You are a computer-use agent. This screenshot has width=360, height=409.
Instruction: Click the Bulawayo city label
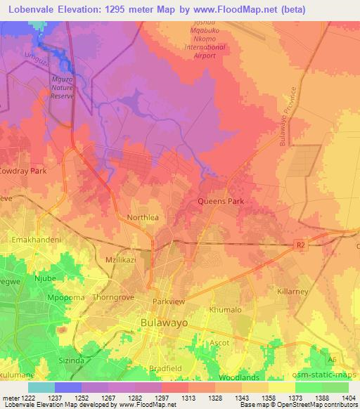[169, 325]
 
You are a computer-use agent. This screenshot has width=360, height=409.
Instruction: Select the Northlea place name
[143, 218]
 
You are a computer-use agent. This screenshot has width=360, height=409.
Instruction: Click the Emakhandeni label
[37, 240]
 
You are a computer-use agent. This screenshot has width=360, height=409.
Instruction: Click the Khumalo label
[226, 310]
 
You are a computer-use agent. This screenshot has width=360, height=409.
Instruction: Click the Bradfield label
[167, 368]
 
